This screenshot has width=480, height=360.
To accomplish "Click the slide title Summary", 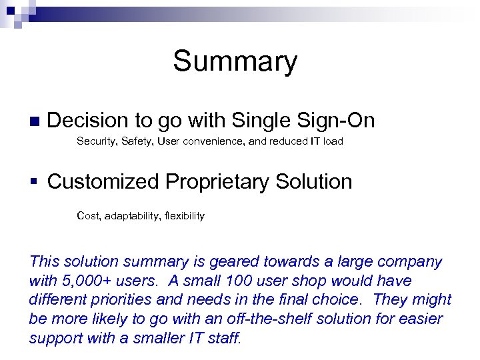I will (x=235, y=62).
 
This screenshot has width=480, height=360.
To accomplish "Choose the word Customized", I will (x=104, y=181).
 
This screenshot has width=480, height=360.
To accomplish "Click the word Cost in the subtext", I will (x=87, y=216).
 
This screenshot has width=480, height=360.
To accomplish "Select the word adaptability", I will (x=131, y=216).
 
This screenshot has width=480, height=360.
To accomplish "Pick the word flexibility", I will (x=184, y=216).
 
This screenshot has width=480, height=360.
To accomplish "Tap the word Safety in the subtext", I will (x=136, y=141).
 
